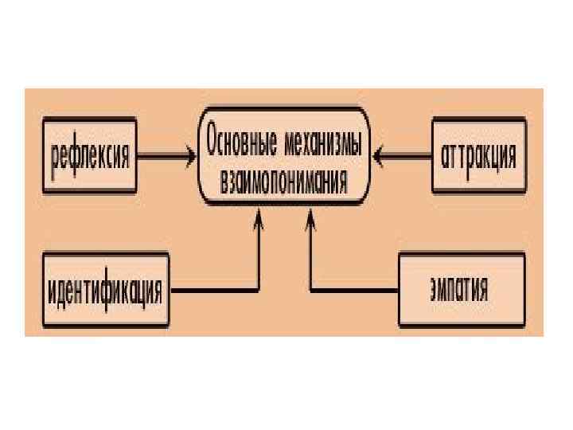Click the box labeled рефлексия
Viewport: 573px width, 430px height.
click(x=88, y=154)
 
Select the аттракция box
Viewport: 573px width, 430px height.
click(x=478, y=154)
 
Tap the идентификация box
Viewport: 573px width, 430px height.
click(x=105, y=290)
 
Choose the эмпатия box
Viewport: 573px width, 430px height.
click(x=462, y=288)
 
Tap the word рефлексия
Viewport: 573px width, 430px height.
click(x=89, y=155)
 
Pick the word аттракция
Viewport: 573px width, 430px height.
click(x=478, y=154)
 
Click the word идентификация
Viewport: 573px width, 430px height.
click(x=105, y=291)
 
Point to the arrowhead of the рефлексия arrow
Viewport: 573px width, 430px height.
click(x=191, y=154)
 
